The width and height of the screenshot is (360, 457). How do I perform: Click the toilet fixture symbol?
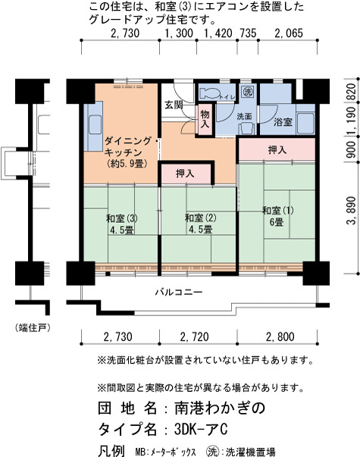point(210,93)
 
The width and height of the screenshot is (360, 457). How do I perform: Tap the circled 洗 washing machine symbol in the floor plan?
point(248,92)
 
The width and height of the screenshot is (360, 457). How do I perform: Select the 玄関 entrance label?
point(174,105)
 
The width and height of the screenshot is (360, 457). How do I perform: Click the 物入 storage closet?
point(205,119)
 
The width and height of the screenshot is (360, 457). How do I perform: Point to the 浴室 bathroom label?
point(283,121)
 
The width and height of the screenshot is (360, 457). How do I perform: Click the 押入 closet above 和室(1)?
point(277,149)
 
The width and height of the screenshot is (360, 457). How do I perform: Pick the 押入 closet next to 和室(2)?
point(186,174)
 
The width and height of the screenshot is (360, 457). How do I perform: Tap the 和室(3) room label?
point(122,218)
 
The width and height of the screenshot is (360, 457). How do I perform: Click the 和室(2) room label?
point(201,218)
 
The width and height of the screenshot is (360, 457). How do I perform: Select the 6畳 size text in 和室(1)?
point(277,222)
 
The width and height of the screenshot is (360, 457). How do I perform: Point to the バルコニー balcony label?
point(179,292)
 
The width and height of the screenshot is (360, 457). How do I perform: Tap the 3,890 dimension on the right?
point(351,211)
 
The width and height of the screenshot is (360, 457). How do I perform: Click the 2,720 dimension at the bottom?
point(195,337)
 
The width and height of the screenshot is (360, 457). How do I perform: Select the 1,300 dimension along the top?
point(179,33)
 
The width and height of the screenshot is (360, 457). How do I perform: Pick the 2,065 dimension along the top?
point(289,33)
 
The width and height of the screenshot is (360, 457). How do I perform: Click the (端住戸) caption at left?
point(33,328)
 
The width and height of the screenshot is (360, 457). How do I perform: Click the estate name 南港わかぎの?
point(220,408)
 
